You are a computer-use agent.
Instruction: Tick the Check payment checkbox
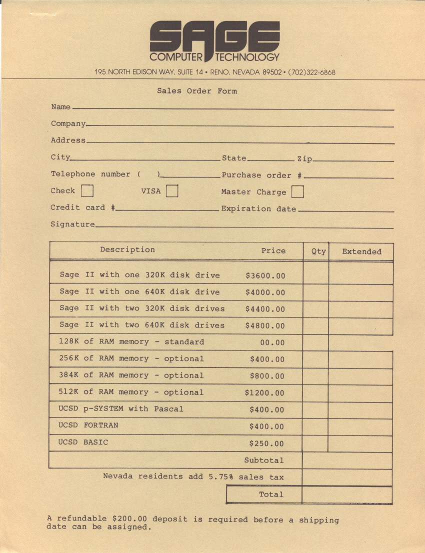click(x=87, y=191)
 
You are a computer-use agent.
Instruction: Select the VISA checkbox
click(x=172, y=191)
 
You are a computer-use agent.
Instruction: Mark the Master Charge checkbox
click(x=297, y=192)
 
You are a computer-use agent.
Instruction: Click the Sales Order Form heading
click(x=197, y=91)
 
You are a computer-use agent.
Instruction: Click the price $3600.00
click(x=265, y=275)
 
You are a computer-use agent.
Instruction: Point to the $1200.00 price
click(x=264, y=393)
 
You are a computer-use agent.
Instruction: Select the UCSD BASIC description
click(x=83, y=442)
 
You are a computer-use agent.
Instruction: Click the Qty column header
click(x=318, y=251)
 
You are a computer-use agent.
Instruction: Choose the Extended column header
click(x=361, y=251)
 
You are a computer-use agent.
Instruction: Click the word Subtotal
click(x=263, y=460)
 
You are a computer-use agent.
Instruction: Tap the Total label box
click(x=264, y=494)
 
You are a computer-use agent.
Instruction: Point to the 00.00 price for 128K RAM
click(x=272, y=342)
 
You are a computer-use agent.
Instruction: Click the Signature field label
click(x=72, y=224)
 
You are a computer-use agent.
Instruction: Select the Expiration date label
click(x=258, y=209)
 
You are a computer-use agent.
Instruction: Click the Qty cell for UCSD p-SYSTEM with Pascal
click(x=315, y=410)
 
